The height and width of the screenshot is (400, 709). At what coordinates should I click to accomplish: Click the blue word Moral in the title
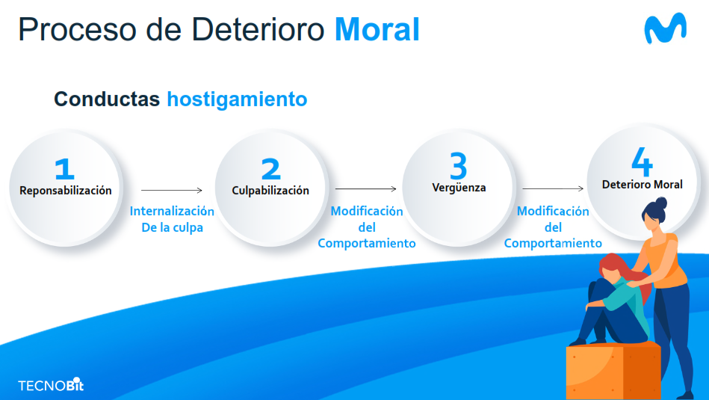coord(377,29)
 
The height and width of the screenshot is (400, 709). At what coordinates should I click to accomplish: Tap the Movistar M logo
coord(665,28)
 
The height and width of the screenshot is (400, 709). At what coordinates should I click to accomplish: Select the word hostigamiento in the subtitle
coord(237,99)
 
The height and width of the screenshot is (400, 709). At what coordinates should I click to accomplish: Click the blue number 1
coord(64,169)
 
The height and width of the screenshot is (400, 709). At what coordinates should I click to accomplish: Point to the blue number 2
coord(271,169)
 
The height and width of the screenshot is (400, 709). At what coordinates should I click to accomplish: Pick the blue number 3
coord(458,166)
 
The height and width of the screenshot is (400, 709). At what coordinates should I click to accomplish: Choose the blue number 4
coord(642,161)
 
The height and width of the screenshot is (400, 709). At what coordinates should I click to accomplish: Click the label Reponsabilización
coord(66,191)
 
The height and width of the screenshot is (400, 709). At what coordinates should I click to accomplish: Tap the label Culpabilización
coord(270,191)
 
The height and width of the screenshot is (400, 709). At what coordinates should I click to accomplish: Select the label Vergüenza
coord(459,188)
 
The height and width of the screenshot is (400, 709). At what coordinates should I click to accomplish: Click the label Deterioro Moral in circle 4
coord(642,185)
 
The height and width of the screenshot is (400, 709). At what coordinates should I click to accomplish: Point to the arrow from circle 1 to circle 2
coord(172,191)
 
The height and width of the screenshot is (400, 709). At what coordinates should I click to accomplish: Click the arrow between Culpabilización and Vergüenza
coord(366,188)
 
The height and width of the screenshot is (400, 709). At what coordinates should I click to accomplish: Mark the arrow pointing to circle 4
coord(553,188)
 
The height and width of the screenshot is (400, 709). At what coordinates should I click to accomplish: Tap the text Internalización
coord(172,212)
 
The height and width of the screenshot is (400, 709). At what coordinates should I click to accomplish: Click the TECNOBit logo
coord(51,385)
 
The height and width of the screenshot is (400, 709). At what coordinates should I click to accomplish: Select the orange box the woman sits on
coord(613,371)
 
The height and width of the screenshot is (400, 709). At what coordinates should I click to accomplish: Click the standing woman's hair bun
coord(661,203)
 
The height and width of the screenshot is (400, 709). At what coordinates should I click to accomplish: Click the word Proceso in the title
coord(77,30)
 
